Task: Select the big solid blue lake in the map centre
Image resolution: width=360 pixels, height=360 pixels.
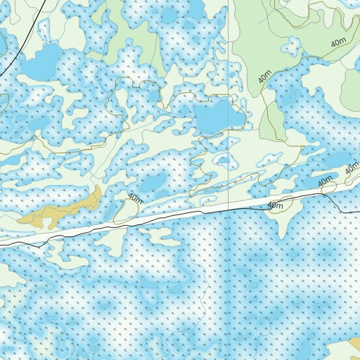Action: [x=214, y=115]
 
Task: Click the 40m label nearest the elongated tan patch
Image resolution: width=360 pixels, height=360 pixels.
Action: [x=136, y=198]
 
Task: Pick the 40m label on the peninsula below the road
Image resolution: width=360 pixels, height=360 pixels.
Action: [x=275, y=206]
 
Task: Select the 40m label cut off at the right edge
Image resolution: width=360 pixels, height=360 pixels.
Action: [x=352, y=169]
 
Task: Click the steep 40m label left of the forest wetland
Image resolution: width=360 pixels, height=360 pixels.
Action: [x=265, y=77]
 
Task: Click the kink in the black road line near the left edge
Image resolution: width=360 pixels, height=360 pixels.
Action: [x=47, y=240]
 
